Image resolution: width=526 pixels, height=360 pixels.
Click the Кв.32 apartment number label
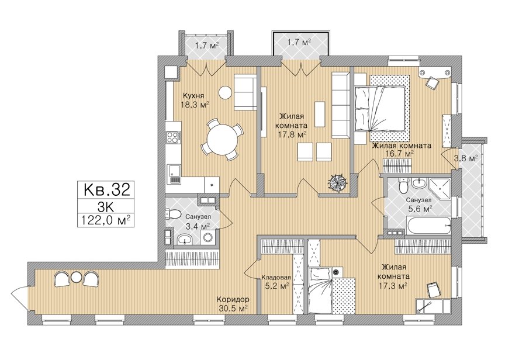click(106, 190)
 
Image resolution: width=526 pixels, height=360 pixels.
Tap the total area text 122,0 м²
click(106, 220)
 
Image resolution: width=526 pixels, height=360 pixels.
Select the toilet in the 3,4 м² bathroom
click(173, 214)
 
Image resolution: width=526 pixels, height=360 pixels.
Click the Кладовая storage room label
click(276, 277)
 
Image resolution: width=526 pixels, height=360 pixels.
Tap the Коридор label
click(233, 299)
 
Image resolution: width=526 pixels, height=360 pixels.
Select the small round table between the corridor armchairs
click(76, 277)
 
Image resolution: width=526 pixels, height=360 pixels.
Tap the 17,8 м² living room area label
click(291, 135)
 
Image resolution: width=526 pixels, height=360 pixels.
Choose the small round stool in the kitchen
click(225, 92)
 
